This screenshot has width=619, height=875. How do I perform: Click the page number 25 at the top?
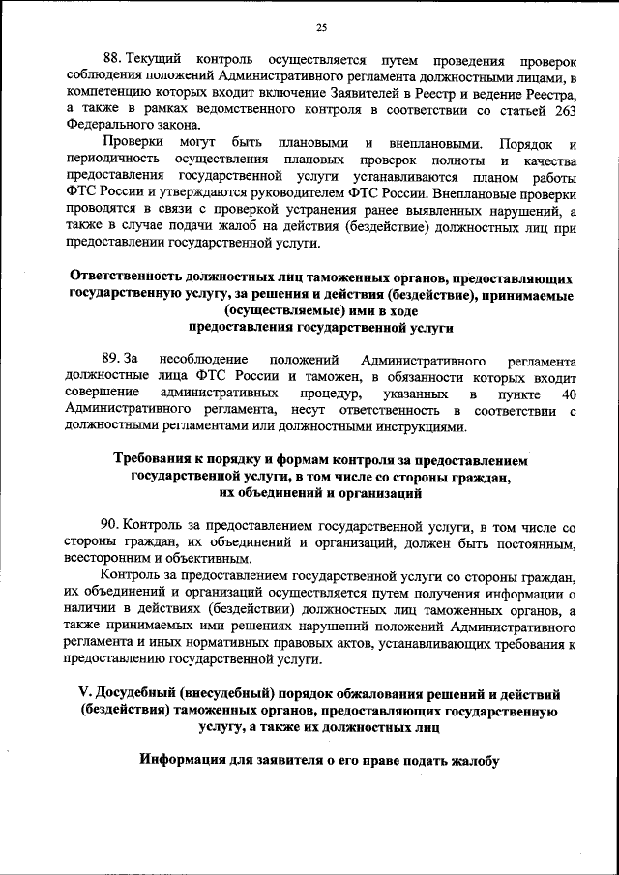point(322,26)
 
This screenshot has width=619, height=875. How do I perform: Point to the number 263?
point(566,109)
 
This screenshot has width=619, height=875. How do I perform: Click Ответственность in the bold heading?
point(131,277)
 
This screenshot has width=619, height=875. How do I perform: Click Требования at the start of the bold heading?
point(161,461)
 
